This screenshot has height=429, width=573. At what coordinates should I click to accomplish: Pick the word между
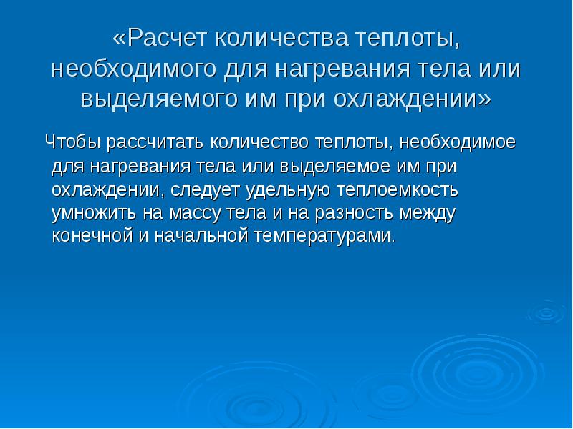click(x=428, y=213)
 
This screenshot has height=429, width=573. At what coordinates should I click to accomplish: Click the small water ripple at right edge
click(x=546, y=312)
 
